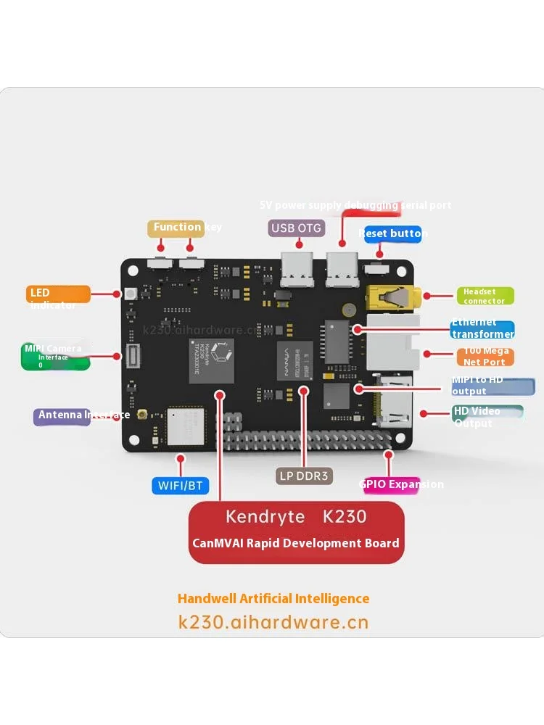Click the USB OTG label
point(296,228)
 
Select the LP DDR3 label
point(304,476)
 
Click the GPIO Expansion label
point(392,485)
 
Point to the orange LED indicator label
point(59,294)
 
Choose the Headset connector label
point(485,296)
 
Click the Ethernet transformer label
point(482,330)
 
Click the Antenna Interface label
point(62,416)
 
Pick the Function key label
point(176,228)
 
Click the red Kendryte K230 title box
point(296,531)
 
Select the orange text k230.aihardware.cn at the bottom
point(273,622)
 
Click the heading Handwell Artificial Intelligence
point(273,599)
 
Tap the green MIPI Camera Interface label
point(57,356)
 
